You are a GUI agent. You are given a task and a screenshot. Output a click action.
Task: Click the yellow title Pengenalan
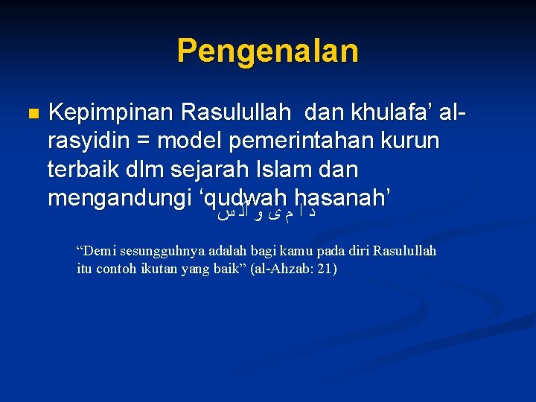(268, 51)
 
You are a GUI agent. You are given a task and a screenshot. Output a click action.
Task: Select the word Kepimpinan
(108, 112)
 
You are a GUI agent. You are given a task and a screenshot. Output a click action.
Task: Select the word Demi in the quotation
(98, 251)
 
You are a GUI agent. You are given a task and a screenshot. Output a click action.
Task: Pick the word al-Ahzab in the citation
(287, 268)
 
